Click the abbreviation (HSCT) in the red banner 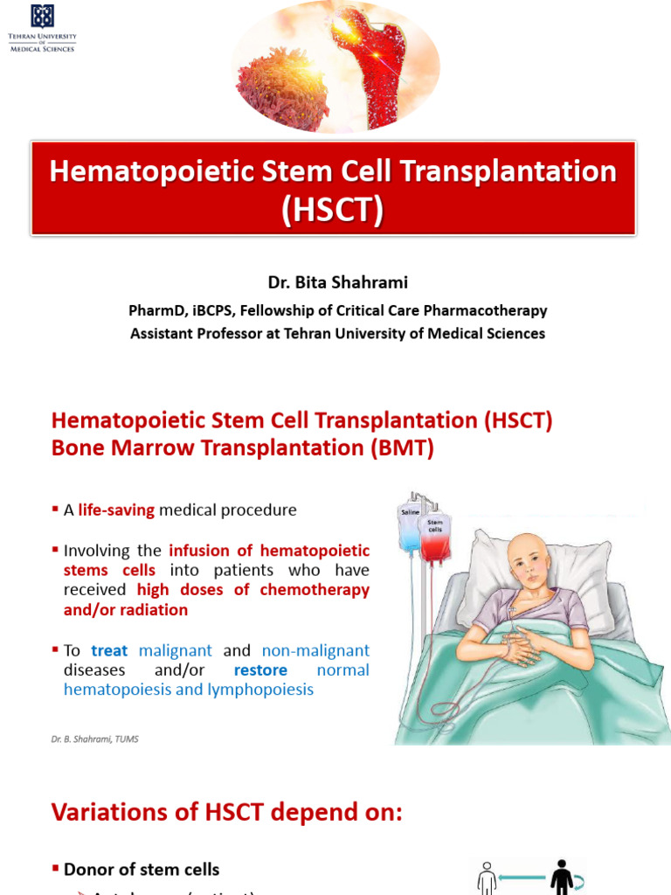pos(333,211)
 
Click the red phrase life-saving pos(116,510)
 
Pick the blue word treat pos(109,650)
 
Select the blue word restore pos(260,670)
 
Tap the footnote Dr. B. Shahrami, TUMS pos(94,739)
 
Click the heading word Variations pos(107,812)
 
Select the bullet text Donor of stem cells pos(142,869)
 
